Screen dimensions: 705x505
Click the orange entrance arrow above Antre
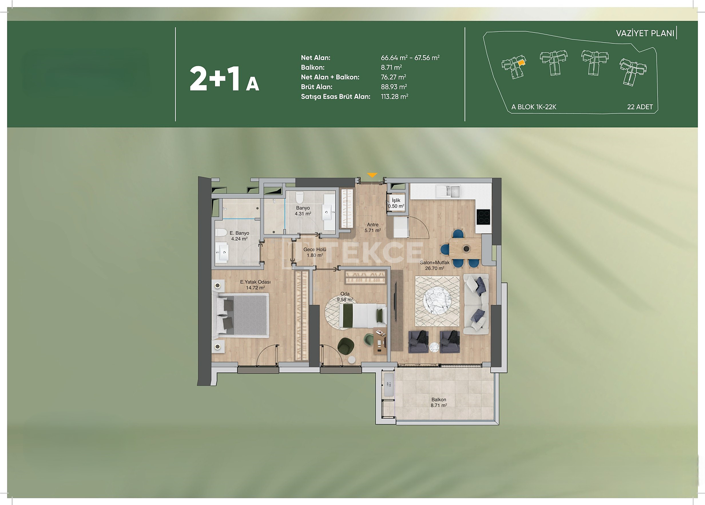click(372, 175)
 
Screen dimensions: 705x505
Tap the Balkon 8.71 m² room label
click(439, 402)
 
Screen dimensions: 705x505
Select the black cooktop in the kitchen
click(483, 217)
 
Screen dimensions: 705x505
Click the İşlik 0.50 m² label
click(396, 203)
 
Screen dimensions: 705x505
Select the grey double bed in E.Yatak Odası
click(241, 315)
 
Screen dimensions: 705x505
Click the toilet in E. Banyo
click(221, 233)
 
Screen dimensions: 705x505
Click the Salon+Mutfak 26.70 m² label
click(434, 265)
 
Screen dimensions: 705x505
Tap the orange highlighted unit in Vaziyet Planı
click(522, 63)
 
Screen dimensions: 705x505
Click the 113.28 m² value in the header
click(394, 97)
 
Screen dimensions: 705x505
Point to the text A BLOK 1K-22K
click(534, 107)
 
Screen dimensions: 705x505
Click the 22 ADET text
click(640, 107)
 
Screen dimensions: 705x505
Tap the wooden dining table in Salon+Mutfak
click(465, 249)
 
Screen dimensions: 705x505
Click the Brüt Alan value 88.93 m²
click(394, 87)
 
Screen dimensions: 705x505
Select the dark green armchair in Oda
click(345, 346)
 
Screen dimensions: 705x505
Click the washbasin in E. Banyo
click(223, 253)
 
